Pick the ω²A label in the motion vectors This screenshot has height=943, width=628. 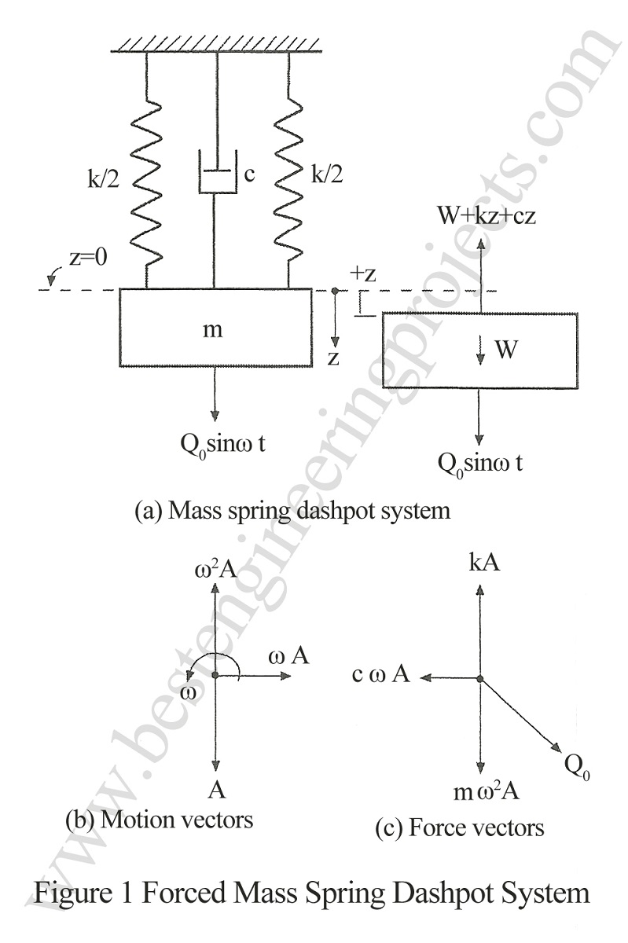[x=214, y=569]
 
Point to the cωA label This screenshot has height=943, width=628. [x=381, y=674]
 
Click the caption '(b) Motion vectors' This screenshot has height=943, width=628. [x=159, y=820]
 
